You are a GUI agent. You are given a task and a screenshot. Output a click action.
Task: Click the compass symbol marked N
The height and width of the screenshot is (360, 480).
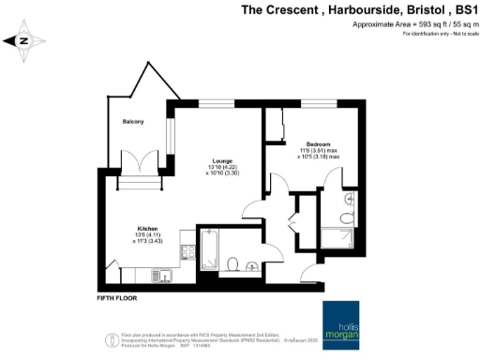point(24,40)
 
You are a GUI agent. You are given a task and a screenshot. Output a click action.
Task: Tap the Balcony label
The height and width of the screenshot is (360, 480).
point(132,122)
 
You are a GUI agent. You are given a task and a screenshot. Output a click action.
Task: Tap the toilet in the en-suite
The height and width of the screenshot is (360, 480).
point(348,218)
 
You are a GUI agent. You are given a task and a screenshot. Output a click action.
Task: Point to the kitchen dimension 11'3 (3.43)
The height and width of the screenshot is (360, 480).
point(145,241)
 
